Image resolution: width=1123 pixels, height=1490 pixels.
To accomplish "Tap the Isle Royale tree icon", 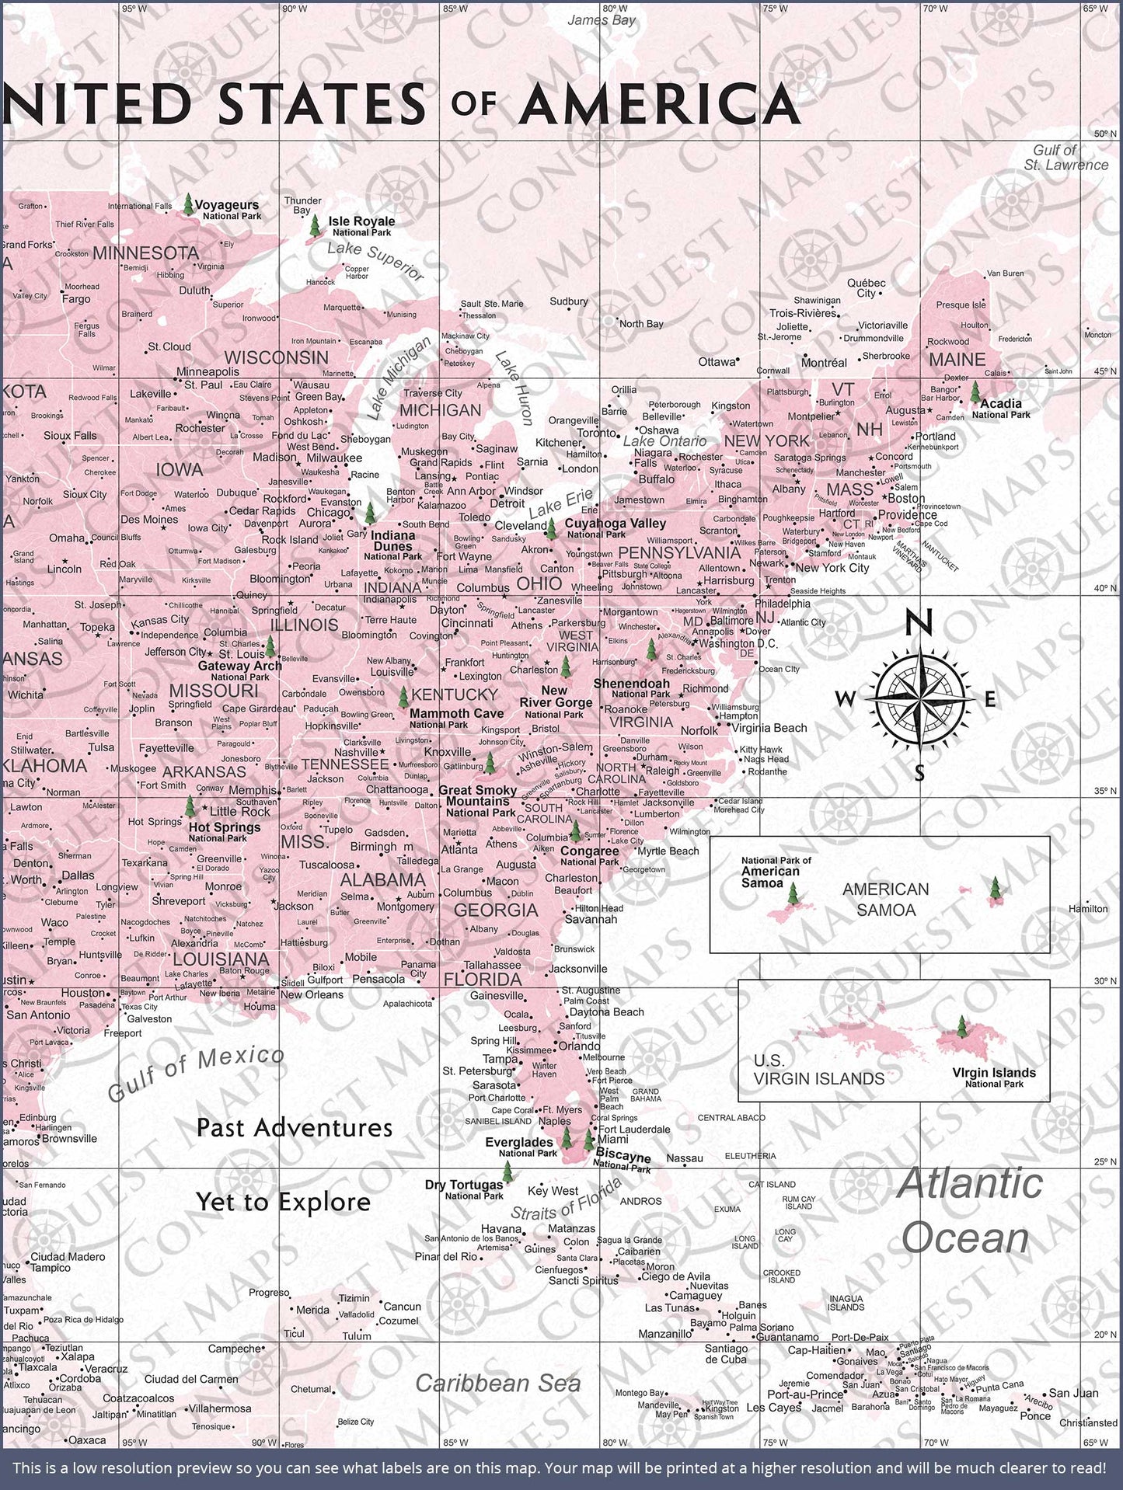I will tap(314, 226).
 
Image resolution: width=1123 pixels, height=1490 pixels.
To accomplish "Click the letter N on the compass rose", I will tap(919, 623).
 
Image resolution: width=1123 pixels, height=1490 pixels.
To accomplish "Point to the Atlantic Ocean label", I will tap(969, 1210).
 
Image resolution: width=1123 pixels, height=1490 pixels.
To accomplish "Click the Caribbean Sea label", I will tap(497, 1383).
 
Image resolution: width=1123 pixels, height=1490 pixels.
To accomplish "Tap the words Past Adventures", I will tap(295, 1127).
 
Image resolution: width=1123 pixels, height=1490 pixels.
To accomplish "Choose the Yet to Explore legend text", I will tap(283, 1202).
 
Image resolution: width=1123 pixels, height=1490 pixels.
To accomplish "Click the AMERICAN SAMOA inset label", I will tap(885, 899).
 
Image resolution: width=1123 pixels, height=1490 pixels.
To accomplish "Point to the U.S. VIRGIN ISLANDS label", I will tap(818, 1070).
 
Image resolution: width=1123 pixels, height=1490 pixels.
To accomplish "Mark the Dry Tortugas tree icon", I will tap(507, 1171).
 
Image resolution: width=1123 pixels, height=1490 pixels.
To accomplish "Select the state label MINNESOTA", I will tap(146, 252).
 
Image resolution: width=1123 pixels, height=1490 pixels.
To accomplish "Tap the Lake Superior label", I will tap(375, 261).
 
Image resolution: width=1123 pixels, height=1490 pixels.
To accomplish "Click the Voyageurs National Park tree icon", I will tap(188, 204).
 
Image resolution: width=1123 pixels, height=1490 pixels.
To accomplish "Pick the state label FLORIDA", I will tap(482, 979).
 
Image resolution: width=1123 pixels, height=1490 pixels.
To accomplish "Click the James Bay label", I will tap(601, 20).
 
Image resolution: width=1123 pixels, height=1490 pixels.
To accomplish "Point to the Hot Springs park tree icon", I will tap(190, 806).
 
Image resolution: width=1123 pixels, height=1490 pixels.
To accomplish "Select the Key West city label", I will tap(553, 1191).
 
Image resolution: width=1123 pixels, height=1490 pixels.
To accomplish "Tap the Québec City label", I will tap(866, 288).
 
